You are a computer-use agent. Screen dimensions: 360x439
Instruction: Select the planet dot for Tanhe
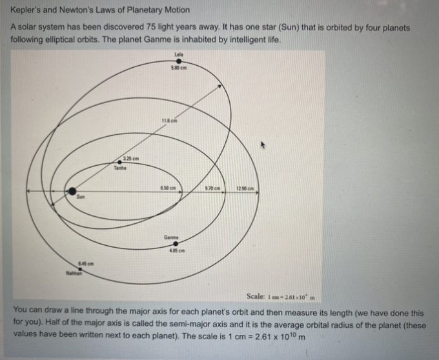pyautogui.click(x=120, y=163)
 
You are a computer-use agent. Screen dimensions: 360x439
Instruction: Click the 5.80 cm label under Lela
pyautogui.click(x=179, y=68)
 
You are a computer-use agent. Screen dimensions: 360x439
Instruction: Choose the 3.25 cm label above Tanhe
pyautogui.click(x=131, y=158)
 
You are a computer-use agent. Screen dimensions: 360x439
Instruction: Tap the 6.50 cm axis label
pyautogui.click(x=169, y=188)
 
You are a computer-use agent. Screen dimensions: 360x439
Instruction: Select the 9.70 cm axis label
pyautogui.click(x=212, y=188)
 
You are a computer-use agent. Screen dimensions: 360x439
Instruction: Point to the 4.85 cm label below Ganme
pyautogui.click(x=176, y=250)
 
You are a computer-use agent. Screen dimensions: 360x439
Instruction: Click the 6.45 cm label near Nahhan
pyautogui.click(x=87, y=263)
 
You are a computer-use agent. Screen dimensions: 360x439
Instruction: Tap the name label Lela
pyautogui.click(x=179, y=53)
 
